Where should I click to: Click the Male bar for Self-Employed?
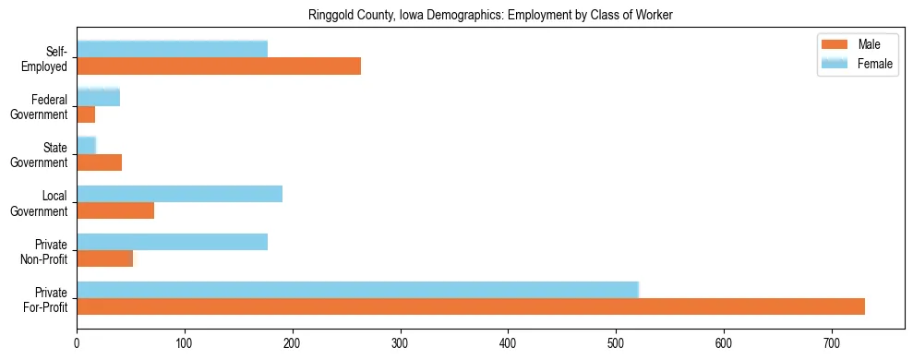coord(219,66)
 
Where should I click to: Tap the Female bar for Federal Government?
coord(98,97)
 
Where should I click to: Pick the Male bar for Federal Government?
coord(86,114)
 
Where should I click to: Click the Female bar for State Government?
coord(86,145)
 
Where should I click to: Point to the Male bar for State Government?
coord(99,162)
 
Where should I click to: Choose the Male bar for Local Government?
coord(115,210)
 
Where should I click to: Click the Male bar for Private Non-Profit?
coord(104,258)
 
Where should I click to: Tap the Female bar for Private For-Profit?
coord(357,290)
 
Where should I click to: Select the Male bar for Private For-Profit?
coord(471,306)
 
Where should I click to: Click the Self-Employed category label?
coord(51,58)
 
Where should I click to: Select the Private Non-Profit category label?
coord(46,250)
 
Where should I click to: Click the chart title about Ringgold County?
coord(489,14)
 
